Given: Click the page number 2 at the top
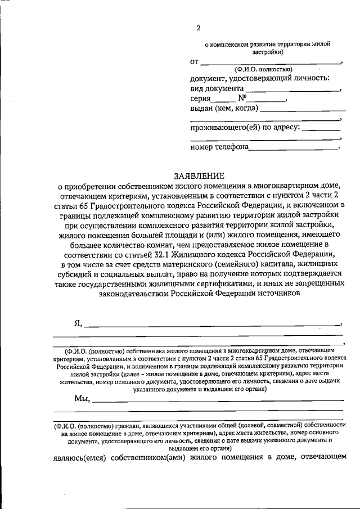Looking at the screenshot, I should [x=198, y=28].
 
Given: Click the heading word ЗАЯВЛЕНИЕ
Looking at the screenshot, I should [x=198, y=175].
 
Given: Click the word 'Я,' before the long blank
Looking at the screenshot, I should [x=78, y=323].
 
